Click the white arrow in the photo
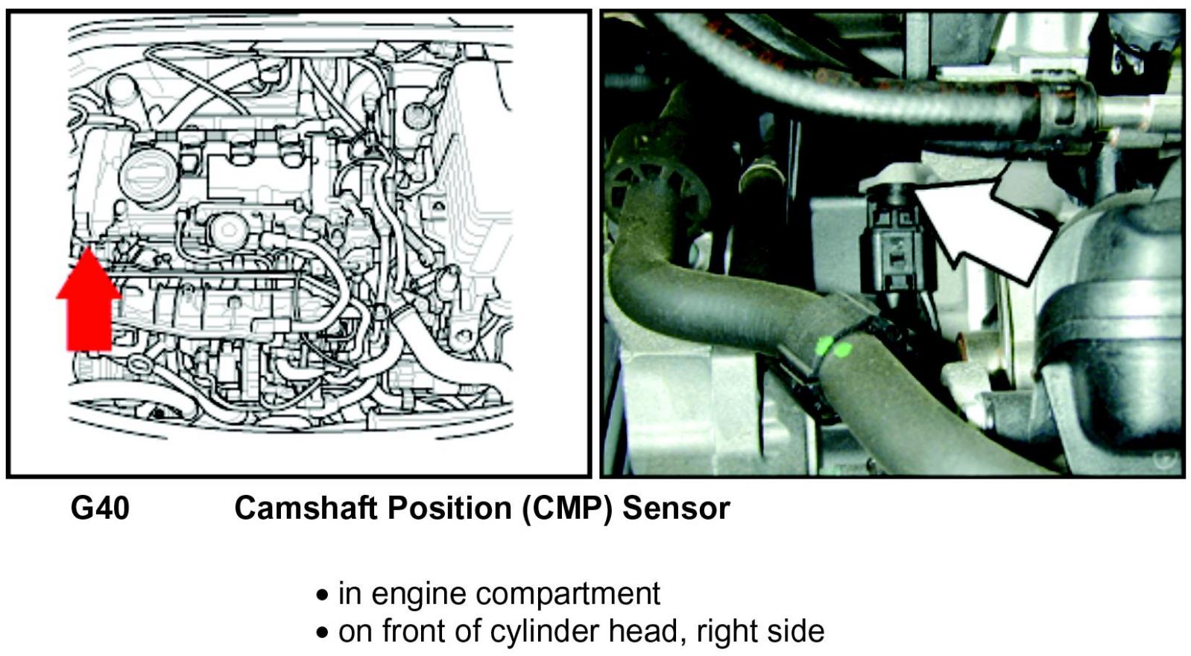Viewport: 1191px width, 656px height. tap(984, 224)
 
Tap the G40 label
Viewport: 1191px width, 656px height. tap(100, 508)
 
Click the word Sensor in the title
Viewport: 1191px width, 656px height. tap(676, 508)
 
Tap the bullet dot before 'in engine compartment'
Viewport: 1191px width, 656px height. tap(322, 596)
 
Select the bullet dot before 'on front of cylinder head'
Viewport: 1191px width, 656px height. tap(322, 633)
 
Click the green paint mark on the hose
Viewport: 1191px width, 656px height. tap(833, 347)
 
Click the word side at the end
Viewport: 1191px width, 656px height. tap(797, 631)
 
